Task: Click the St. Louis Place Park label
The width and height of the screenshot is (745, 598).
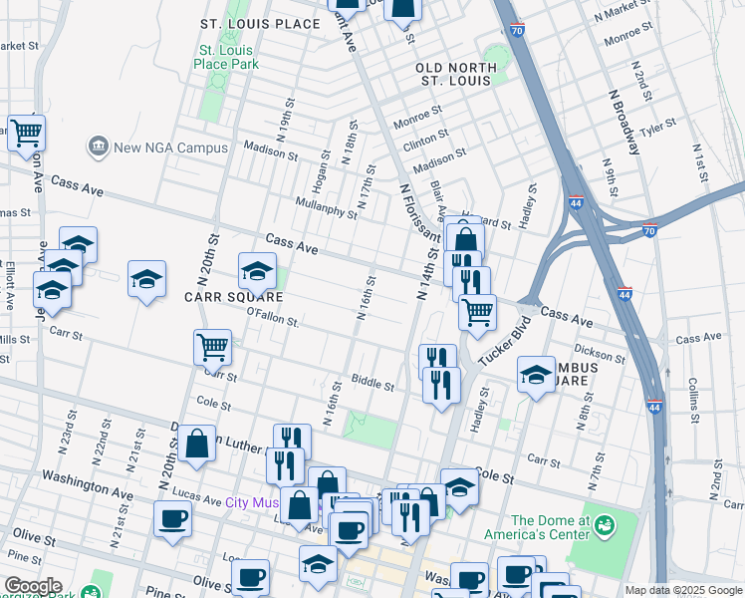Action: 226,57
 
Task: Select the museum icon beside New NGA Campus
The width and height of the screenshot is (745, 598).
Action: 99,147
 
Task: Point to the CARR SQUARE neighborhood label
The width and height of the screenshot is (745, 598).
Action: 232,297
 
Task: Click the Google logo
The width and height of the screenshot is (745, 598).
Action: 32,586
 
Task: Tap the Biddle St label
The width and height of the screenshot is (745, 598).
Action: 372,383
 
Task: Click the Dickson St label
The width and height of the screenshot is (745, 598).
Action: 600,354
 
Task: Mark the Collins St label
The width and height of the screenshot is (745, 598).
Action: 691,395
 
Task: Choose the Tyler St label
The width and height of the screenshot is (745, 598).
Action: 658,128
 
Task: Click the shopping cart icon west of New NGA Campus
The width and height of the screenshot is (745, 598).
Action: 26,132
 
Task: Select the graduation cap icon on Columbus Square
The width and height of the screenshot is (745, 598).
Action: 536,375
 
